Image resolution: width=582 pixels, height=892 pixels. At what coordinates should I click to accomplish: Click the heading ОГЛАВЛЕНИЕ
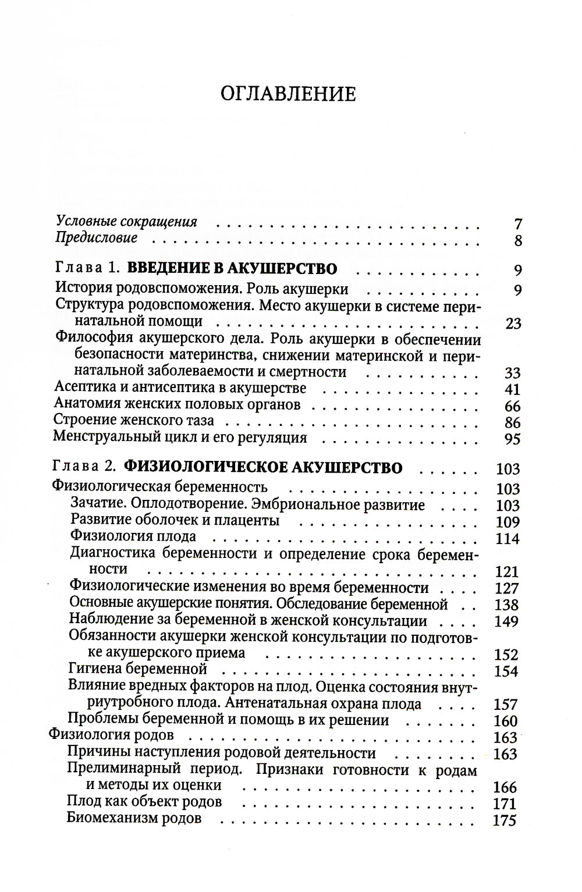pyautogui.click(x=289, y=93)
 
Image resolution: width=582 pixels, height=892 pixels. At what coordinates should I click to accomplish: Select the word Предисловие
pyautogui.click(x=97, y=237)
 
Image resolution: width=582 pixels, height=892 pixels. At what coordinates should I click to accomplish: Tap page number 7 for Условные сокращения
pyautogui.click(x=518, y=223)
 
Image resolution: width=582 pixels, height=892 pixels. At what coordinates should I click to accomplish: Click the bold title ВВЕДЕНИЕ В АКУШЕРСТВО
pyautogui.click(x=232, y=269)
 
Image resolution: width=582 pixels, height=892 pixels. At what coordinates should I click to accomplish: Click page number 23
pyautogui.click(x=513, y=324)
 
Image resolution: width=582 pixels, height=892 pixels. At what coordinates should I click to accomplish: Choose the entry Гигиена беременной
pyautogui.click(x=137, y=669)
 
